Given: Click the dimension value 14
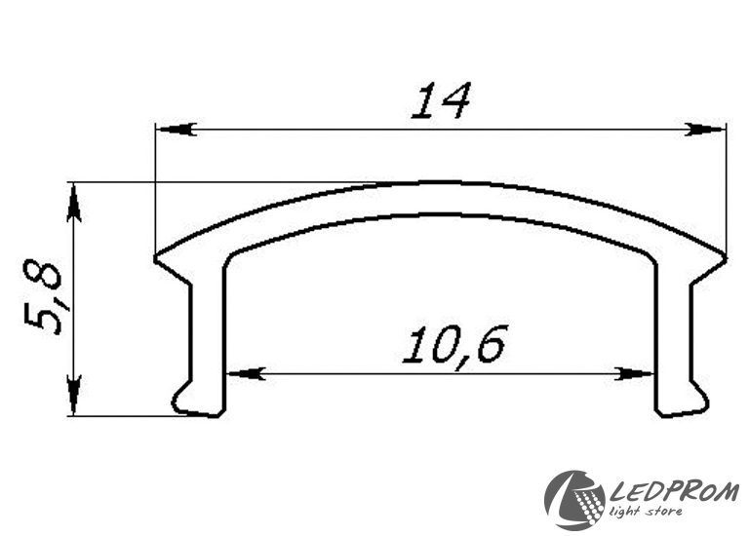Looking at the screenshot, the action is point(441,99).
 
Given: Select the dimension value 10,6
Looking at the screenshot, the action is point(453,345).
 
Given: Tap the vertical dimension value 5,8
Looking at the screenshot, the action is point(44,297).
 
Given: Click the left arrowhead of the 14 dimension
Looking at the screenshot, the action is point(177,130).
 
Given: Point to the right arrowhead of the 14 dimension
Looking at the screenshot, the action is point(705,130).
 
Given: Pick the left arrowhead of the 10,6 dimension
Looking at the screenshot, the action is point(247,373).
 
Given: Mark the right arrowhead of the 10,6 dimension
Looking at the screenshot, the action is point(633,373).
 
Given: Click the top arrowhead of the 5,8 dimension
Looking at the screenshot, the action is point(72,203).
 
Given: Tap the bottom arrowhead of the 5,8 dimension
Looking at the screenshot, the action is point(72,396).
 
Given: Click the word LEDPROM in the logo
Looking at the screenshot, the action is point(675,492).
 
